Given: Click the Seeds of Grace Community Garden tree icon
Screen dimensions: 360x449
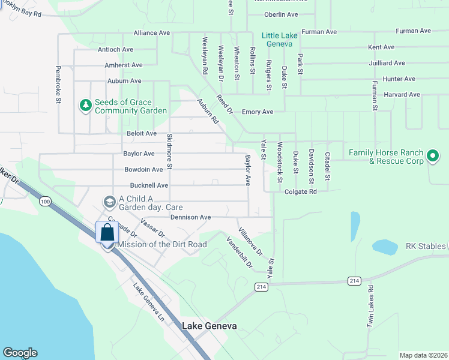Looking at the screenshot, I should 86,106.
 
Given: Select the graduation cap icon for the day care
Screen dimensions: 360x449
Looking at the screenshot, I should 109,201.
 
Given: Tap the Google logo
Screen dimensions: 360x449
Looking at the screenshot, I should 20,353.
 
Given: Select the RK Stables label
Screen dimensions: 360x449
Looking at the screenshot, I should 426,246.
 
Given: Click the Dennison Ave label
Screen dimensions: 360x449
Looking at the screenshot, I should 190,217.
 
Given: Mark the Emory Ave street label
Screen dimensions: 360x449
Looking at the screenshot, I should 258,112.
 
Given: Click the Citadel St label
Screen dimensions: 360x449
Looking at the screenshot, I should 328,166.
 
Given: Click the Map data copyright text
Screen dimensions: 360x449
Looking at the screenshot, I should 423,355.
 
